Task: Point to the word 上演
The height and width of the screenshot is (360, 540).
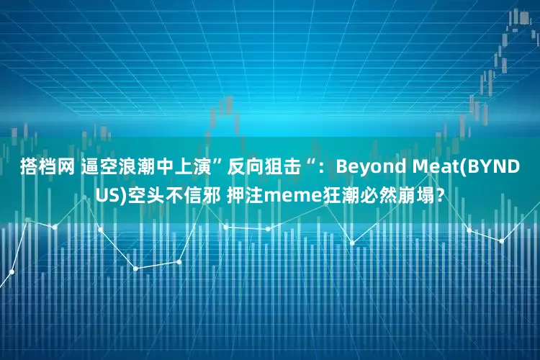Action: point(193,168)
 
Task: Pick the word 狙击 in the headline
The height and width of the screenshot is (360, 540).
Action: point(284,168)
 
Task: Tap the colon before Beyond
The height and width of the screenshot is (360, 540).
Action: point(325,168)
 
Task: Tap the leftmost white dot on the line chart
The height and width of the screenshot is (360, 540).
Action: point(12,272)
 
